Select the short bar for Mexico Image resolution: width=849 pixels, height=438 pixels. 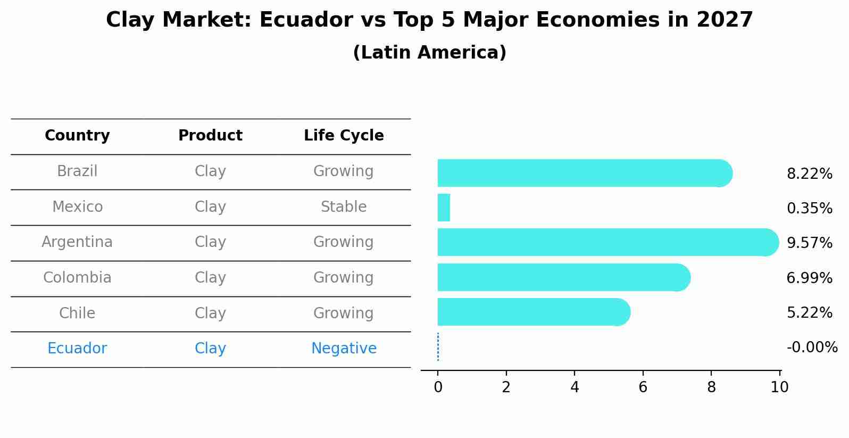(444, 208)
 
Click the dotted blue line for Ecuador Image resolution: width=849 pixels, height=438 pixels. (438, 347)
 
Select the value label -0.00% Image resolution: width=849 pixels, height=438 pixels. (812, 348)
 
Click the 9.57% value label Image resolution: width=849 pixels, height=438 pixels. (809, 243)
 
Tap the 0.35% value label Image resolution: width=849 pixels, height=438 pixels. (809, 208)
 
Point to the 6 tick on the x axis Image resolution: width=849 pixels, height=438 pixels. (643, 387)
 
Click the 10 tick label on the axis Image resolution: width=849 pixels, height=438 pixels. (779, 387)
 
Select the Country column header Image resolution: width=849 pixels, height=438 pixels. (77, 136)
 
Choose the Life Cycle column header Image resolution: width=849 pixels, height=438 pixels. (344, 136)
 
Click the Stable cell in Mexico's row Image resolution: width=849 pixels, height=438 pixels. (344, 206)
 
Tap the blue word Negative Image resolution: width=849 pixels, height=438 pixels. (344, 349)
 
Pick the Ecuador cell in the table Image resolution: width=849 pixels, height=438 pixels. (77, 349)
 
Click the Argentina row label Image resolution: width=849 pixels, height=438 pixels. (77, 242)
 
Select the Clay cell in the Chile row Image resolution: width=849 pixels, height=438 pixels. (210, 313)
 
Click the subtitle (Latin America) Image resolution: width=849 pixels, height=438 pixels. (429, 53)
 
